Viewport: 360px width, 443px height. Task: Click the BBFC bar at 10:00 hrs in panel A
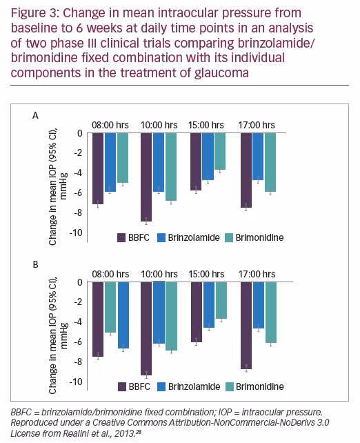(146, 177)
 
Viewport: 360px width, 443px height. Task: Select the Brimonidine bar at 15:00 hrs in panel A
(220, 151)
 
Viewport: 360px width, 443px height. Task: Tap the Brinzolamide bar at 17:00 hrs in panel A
(258, 156)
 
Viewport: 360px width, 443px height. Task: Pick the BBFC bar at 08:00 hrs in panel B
(98, 319)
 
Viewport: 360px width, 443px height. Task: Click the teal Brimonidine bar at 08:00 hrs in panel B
(110, 307)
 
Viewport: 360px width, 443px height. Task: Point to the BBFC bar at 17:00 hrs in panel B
(246, 326)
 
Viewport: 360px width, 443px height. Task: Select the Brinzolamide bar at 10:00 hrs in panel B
(159, 313)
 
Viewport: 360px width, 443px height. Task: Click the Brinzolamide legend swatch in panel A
(161, 237)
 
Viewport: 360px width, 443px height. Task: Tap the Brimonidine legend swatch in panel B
(230, 387)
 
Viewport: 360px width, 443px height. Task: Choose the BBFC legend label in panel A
(139, 237)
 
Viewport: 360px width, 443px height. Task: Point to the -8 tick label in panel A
(78, 213)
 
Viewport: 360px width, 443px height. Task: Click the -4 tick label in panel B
(78, 322)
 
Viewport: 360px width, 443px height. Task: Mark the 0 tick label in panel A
(80, 133)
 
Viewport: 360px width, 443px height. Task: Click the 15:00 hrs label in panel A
(206, 125)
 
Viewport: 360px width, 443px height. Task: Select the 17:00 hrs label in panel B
(257, 274)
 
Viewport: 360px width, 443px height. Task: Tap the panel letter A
(35, 116)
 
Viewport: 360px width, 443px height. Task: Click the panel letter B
(36, 265)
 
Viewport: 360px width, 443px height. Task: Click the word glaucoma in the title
(221, 73)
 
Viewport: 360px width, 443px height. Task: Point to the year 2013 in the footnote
(126, 433)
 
